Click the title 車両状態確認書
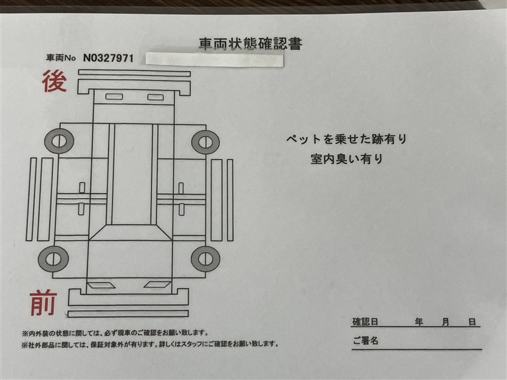tap(250, 44)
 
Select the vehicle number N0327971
tap(108, 58)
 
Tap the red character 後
tap(55, 81)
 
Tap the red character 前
tap(43, 303)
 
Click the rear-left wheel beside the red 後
tap(59, 141)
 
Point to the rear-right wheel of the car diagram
tap(205, 142)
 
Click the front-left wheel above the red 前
tap(53, 259)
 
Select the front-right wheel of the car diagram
tap(205, 259)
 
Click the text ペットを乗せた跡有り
tap(346, 139)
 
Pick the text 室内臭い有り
tap(347, 159)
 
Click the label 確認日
tap(365, 322)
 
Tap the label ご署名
tap(366, 341)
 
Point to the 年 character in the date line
tap(419, 322)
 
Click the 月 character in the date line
tap(446, 322)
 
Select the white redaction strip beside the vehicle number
tap(214, 60)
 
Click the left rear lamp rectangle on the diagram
tap(114, 96)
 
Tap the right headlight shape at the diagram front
tap(157, 284)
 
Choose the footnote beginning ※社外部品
tap(150, 344)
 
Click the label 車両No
tap(61, 58)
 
